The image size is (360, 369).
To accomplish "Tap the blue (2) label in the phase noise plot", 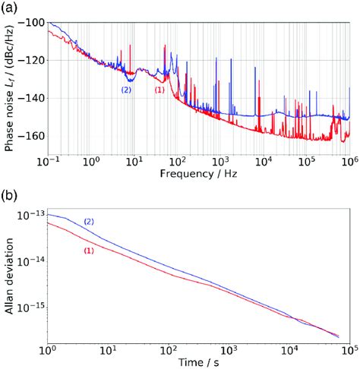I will coord(125,90).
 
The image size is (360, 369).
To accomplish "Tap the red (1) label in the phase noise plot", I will coord(159,90).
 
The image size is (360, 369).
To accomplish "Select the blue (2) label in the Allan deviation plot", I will coord(90,221).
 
